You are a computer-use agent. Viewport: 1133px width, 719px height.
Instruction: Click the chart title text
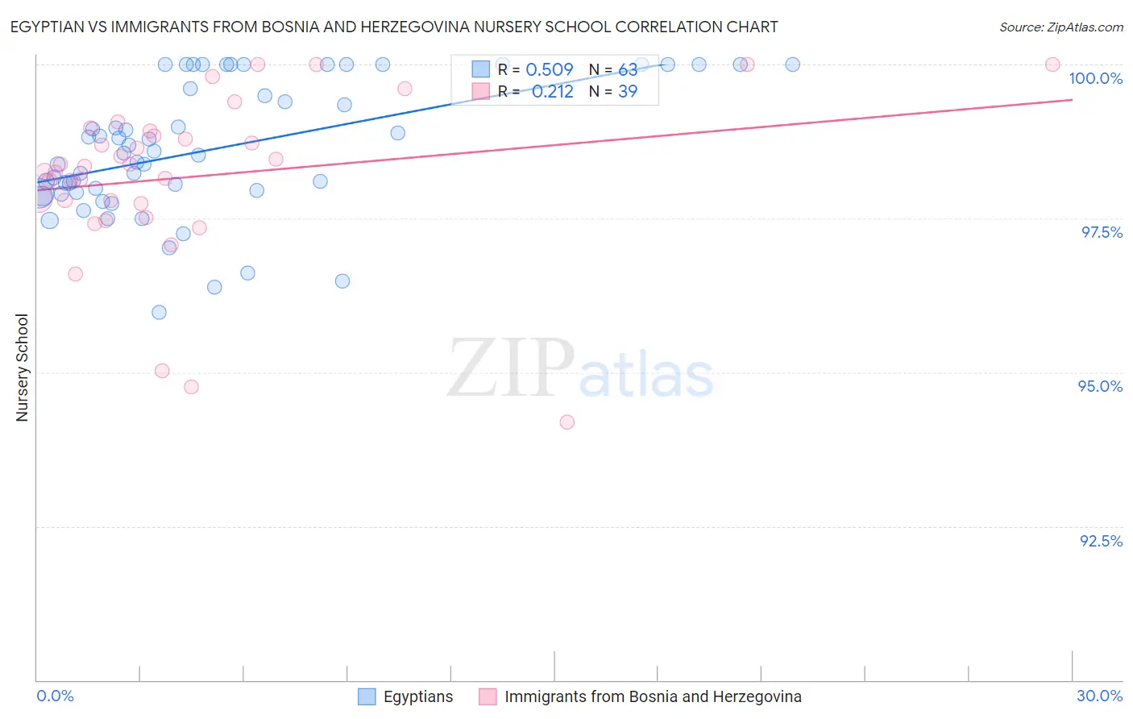[x=394, y=27]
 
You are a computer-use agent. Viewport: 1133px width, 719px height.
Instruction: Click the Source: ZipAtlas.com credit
[x=1060, y=27]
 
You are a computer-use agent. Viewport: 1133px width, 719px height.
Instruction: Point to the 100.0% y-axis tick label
[x=1095, y=78]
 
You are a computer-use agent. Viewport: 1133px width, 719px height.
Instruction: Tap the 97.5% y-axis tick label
[x=1101, y=232]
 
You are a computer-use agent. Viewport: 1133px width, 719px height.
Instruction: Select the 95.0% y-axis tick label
[x=1100, y=386]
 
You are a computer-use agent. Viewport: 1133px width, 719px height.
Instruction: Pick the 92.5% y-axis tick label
[x=1101, y=541]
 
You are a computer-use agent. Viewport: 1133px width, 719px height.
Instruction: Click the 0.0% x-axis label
[x=55, y=696]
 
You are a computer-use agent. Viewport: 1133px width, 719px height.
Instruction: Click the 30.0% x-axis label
[x=1099, y=696]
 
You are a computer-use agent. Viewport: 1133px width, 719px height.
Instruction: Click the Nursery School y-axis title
[x=23, y=367]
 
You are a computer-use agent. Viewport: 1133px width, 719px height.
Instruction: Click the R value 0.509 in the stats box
[x=549, y=70]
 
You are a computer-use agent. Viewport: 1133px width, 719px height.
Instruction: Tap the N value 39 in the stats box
[x=628, y=92]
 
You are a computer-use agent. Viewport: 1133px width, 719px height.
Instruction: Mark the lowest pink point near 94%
[x=566, y=422]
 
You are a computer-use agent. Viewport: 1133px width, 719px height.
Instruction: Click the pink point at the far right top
[x=1052, y=64]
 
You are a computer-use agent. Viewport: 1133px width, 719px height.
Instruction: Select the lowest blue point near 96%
[x=159, y=312]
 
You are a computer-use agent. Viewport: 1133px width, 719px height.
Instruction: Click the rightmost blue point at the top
[x=792, y=64]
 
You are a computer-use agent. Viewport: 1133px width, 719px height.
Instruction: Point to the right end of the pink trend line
[x=1072, y=100]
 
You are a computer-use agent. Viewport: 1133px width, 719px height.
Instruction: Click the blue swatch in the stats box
[x=480, y=70]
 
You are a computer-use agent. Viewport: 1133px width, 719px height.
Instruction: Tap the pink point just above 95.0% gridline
[x=162, y=371]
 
